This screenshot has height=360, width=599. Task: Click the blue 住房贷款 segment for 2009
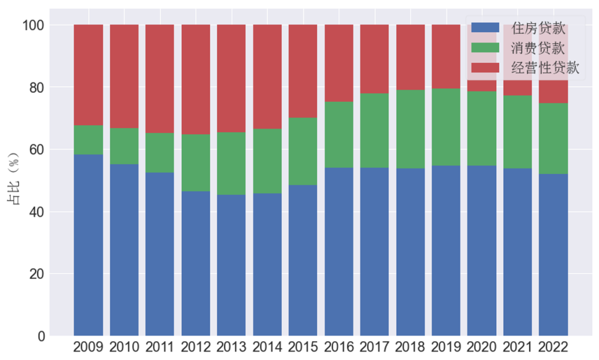coord(88,245)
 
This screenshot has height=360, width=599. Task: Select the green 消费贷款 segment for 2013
coord(231,164)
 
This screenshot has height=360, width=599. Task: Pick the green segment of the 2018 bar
coord(410,129)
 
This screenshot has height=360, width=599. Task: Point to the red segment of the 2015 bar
coord(303,71)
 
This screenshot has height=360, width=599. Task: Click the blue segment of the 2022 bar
coord(553,255)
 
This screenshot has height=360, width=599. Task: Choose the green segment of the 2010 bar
coord(124,146)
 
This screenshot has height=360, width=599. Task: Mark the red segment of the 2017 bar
coord(374,59)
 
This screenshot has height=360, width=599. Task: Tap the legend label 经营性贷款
coord(545,68)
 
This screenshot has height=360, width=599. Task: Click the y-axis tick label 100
coord(33,26)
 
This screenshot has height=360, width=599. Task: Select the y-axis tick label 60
coord(37,150)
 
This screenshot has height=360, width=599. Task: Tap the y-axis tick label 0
coord(41,336)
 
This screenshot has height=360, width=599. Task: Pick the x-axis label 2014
coord(267,348)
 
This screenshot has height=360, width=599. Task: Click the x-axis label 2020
coord(482,348)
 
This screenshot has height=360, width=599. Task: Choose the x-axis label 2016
coord(339,348)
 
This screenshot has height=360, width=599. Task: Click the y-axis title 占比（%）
coord(13,181)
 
